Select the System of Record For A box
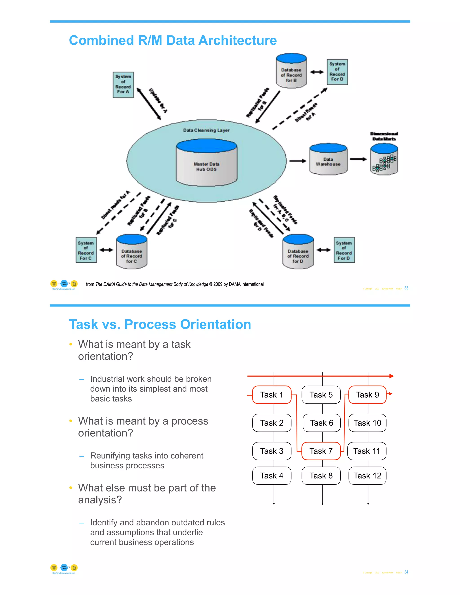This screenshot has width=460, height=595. pyautogui.click(x=123, y=85)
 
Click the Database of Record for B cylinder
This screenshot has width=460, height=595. pyautogui.click(x=291, y=72)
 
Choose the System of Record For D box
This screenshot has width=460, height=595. pyautogui.click(x=344, y=250)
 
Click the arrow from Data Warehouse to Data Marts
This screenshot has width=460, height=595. pyautogui.click(x=358, y=159)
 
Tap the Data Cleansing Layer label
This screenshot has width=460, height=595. pyautogui.click(x=206, y=130)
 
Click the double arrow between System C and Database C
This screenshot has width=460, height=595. pyautogui.click(x=106, y=250)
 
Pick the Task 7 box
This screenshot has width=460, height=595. pyautogui.click(x=321, y=451)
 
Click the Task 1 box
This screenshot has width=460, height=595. pyautogui.click(x=272, y=395)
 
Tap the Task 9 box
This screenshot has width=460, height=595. pyautogui.click(x=367, y=395)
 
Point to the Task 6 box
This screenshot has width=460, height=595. pyautogui.click(x=322, y=423)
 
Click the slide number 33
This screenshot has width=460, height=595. pyautogui.click(x=406, y=288)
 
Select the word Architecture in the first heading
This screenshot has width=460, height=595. pyautogui.click(x=237, y=40)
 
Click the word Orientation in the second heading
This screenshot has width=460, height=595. pyautogui.click(x=215, y=324)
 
